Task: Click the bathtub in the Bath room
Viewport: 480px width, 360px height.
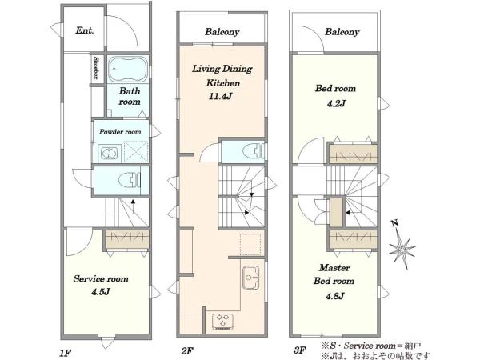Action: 129,69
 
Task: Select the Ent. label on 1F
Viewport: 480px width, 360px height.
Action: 85,30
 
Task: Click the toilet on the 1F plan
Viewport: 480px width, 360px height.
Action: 130,180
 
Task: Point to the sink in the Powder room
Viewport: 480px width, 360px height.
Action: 108,154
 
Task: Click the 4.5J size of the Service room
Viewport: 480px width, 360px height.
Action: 101,292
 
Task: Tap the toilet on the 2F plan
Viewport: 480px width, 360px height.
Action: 253,151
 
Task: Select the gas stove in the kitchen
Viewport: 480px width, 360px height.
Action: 222,322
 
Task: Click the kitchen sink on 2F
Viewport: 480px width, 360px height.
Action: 251,278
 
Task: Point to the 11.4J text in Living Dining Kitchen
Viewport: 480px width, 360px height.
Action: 220,97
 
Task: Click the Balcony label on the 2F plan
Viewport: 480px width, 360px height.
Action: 222,32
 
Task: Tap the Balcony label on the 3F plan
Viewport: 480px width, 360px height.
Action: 342,32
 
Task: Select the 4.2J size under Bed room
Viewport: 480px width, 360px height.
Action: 336,104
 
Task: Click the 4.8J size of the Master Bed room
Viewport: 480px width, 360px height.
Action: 335,296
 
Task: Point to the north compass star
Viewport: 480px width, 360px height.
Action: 402,246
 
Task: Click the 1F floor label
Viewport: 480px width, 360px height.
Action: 66,354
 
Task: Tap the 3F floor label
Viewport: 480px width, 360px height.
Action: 300,350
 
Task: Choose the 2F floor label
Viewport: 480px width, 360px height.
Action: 187,351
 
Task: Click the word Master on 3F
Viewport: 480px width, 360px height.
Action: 334,268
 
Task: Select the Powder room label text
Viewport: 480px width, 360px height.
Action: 120,132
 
